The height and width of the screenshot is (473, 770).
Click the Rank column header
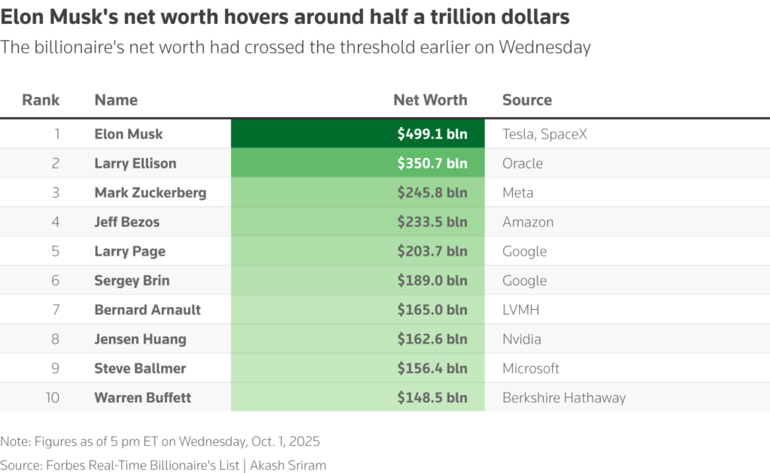[41, 100]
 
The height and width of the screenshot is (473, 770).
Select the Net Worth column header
[430, 100]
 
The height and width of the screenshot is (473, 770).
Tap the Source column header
[527, 100]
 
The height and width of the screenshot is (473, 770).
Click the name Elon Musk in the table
[129, 134]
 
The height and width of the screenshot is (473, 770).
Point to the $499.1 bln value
[432, 134]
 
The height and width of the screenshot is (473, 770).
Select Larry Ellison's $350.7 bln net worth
[432, 163]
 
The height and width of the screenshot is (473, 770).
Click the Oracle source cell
[523, 163]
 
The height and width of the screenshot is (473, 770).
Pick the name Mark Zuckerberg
[150, 193]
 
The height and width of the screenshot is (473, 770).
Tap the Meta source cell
[518, 193]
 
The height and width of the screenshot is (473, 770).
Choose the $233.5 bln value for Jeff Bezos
[432, 222]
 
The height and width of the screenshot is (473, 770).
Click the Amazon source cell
[528, 222]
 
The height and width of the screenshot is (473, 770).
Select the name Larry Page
[130, 251]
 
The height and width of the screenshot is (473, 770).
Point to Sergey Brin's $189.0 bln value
[432, 280]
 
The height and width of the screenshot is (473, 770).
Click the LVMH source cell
[521, 310]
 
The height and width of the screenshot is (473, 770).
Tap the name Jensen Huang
[140, 339]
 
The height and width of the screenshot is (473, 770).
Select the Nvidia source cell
[522, 339]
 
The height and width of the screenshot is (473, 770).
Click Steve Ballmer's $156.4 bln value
[432, 368]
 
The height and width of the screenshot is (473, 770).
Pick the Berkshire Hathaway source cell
[564, 398]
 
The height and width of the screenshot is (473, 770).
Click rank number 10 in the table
[52, 398]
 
